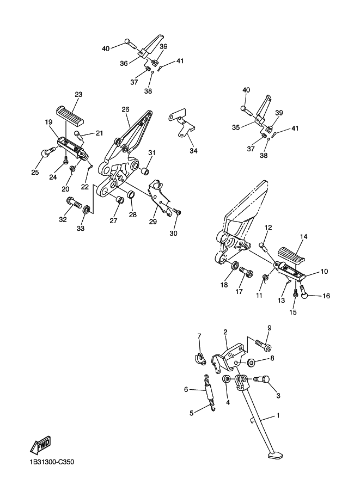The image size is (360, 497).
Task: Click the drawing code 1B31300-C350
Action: coord(52,462)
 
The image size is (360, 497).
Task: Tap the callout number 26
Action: coord(126,109)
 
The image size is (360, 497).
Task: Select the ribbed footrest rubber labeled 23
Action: coord(70,116)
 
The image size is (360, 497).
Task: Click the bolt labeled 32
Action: coord(74,202)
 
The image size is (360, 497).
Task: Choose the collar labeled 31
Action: coord(145,172)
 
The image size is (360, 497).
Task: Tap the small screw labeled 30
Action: coord(177,211)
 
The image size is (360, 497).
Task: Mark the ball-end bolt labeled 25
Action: coord(48,152)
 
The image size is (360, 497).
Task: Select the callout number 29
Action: coord(153,221)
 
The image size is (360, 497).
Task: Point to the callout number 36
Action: coord(124,63)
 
